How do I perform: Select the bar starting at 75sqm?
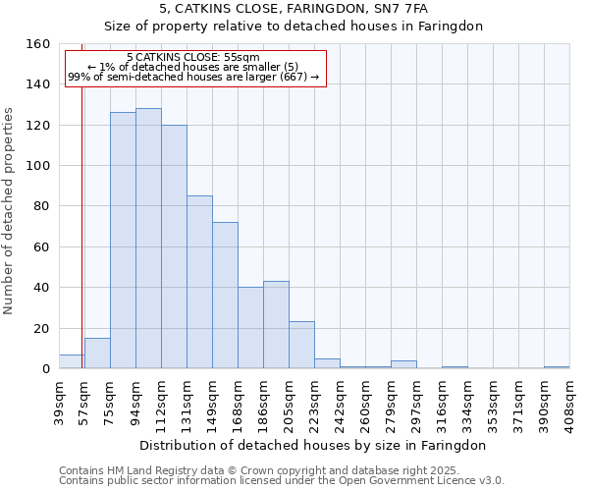(x=123, y=241)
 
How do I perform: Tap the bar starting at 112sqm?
(x=174, y=246)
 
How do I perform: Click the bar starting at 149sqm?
(x=225, y=296)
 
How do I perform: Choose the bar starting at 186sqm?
(x=276, y=325)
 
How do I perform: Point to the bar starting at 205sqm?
(x=301, y=345)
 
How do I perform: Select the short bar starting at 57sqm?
(x=97, y=354)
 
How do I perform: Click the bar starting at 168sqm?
(x=250, y=328)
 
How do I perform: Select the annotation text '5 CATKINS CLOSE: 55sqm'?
(x=193, y=58)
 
